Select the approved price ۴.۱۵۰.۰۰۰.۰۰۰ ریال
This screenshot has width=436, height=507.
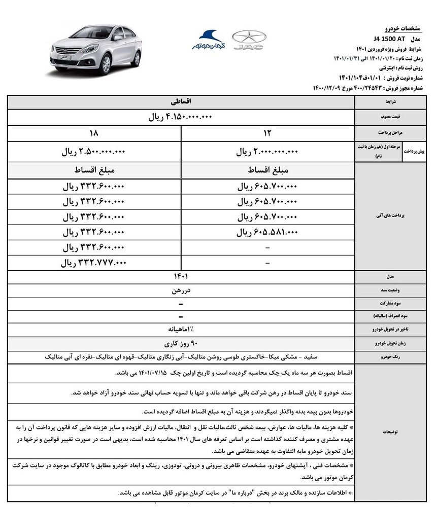click(181, 117)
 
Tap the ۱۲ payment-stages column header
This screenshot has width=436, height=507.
click(267, 134)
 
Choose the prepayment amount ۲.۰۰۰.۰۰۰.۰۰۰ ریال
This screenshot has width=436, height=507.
click(267, 152)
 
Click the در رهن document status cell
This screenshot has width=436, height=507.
click(181, 292)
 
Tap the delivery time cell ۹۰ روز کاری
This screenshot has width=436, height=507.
click(181, 343)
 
